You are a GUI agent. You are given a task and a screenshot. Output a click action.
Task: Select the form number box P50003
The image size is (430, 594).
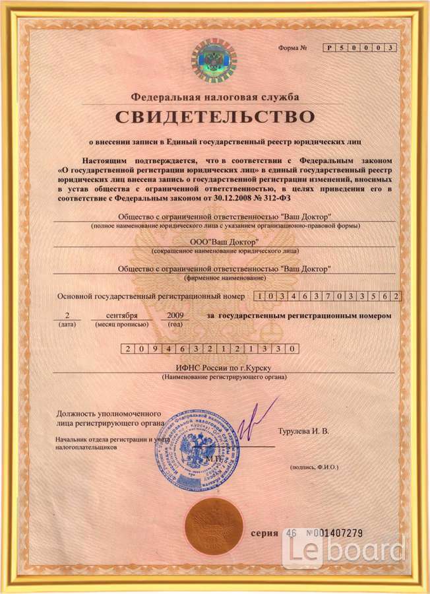pos(359,48)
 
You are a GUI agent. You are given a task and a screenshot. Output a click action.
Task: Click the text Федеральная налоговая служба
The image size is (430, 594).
pos(215,97)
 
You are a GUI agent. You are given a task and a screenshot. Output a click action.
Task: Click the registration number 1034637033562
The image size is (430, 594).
pos(327,296)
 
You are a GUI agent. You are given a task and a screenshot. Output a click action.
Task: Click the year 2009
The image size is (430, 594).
pos(175,315)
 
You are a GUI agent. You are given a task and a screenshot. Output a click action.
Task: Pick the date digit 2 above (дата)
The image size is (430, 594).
pos(67,315)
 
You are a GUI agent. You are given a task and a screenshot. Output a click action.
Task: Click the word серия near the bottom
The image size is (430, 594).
pos(265,532)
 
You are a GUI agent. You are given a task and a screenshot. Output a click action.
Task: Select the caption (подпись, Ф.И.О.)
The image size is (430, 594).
pos(314,467)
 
